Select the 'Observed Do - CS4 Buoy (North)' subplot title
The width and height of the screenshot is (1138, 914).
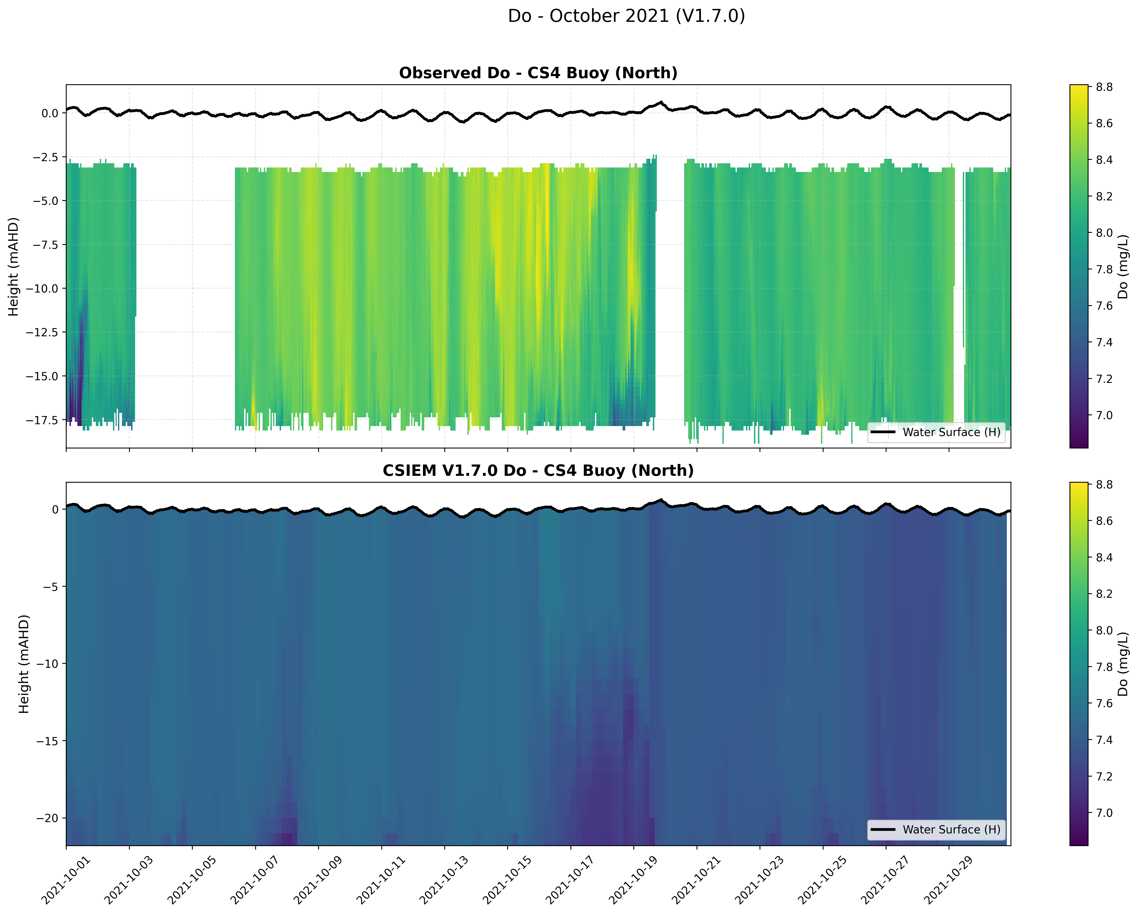[538, 73]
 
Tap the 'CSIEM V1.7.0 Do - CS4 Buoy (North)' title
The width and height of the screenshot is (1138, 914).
[538, 470]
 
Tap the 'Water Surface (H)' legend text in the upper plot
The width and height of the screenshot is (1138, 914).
[951, 432]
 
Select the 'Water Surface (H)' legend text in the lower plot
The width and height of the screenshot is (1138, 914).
[951, 829]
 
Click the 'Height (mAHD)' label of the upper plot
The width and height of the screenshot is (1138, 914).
[13, 266]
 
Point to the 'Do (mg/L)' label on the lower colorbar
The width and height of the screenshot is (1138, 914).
[1123, 664]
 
